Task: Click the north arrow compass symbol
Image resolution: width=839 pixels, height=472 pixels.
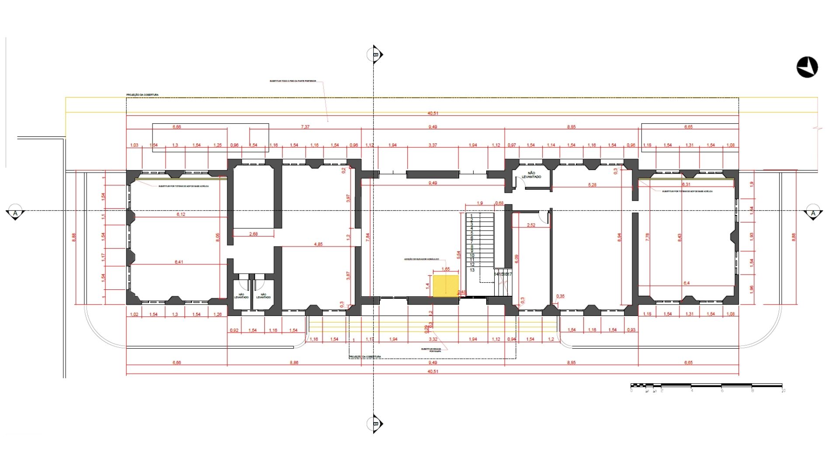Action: [807, 67]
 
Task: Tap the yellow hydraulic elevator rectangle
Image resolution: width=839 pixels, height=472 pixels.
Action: [446, 286]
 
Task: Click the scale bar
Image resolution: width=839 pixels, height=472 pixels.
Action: [706, 386]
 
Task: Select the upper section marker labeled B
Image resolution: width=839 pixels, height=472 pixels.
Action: [375, 55]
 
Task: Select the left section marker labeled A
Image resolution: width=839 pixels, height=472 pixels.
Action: [15, 213]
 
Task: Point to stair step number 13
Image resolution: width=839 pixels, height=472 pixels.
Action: [472, 270]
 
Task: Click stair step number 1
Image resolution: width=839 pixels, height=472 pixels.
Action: [472, 215]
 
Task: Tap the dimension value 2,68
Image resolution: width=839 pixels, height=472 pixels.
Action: [253, 234]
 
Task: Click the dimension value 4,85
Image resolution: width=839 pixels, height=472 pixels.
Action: [318, 244]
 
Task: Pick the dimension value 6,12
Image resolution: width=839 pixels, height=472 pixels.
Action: [181, 214]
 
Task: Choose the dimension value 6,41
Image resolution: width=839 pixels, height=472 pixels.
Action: [179, 262]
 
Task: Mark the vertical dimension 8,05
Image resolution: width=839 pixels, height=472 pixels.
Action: [218, 237]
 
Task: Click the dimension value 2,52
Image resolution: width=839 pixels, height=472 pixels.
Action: [531, 225]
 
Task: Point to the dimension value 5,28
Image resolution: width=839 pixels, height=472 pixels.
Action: [592, 185]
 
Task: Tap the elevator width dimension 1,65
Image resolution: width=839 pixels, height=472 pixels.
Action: [445, 269]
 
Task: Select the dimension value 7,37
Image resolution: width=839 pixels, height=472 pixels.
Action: [305, 127]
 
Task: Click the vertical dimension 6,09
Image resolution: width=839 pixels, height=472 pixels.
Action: [517, 259]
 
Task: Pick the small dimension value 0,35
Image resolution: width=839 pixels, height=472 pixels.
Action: [560, 296]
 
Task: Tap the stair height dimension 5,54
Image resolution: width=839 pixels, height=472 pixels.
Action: [458, 254]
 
